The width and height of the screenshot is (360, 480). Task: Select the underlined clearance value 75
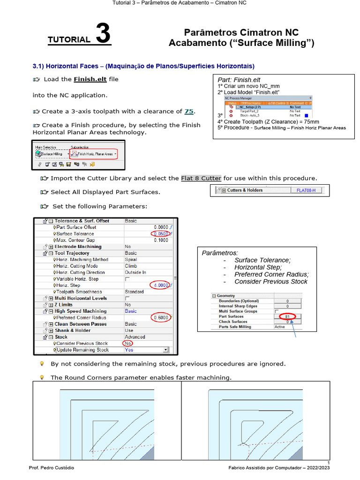click(189, 111)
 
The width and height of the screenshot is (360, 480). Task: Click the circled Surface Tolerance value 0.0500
click(161, 233)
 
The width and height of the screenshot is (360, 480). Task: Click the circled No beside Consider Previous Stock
click(127, 344)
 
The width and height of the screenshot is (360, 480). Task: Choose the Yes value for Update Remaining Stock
click(129, 350)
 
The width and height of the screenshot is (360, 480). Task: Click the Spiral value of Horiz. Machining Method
click(131, 259)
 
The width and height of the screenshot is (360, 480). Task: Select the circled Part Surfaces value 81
click(287, 316)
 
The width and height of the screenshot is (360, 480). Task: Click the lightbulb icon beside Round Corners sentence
click(42, 377)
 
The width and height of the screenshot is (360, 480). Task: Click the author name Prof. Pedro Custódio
click(52, 468)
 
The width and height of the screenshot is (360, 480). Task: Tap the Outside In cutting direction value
click(135, 272)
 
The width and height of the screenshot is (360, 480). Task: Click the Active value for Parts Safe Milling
click(280, 327)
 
